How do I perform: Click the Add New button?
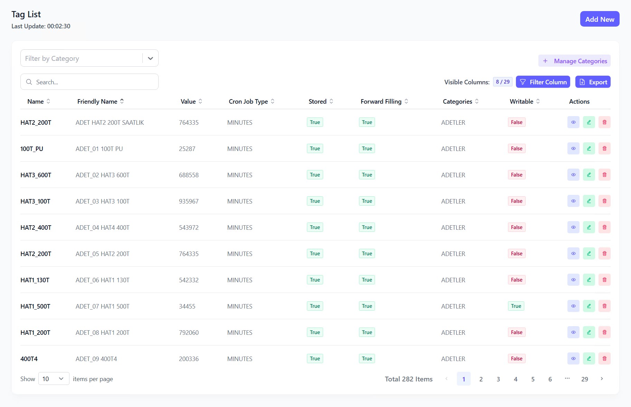[x=600, y=19]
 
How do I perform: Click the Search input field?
[x=93, y=82]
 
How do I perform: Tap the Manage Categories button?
[x=574, y=61]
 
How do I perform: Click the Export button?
[x=593, y=82]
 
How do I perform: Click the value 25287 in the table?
[x=187, y=149]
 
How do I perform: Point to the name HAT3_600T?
[x=36, y=175]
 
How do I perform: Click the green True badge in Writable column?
[x=516, y=306]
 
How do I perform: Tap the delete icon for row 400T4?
[x=604, y=359]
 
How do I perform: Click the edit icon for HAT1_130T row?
[x=589, y=280]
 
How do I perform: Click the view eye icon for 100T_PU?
[x=573, y=149]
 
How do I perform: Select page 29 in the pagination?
[x=584, y=379]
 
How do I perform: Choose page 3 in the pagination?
[x=498, y=379]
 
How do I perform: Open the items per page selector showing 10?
[x=54, y=379]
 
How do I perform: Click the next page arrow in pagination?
[x=602, y=379]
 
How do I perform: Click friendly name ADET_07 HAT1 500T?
[x=102, y=306]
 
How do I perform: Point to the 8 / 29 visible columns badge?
[x=502, y=82]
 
